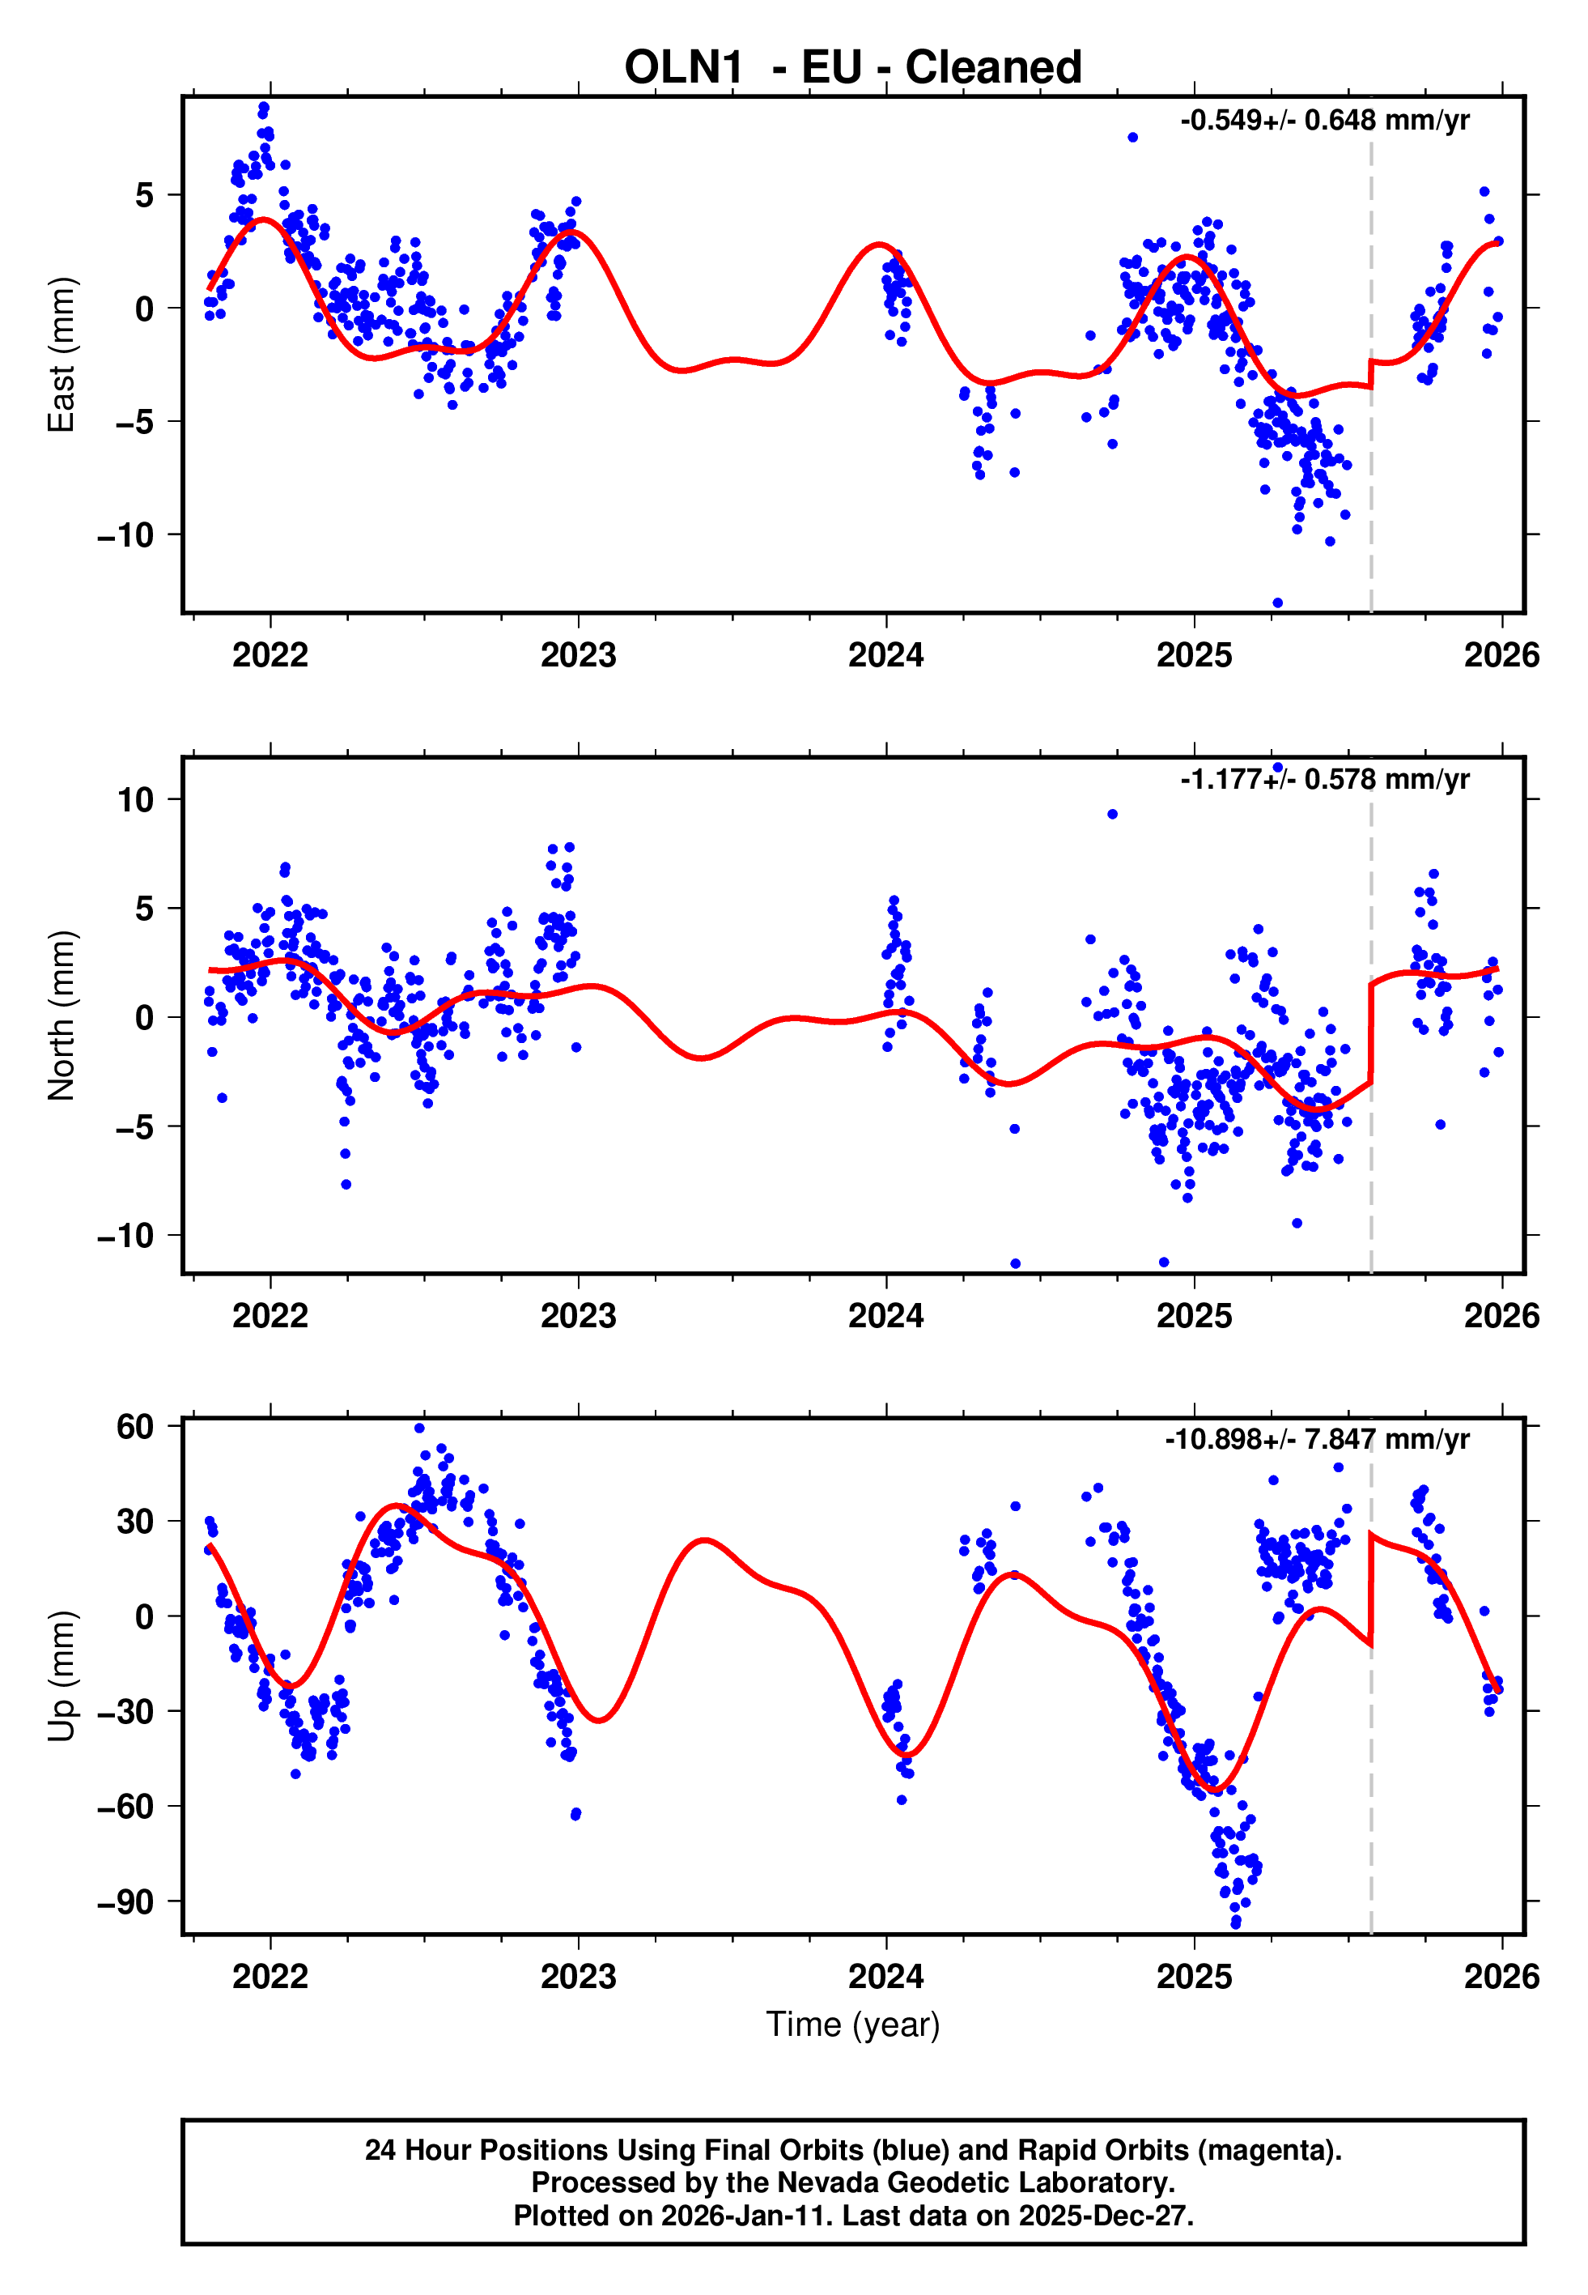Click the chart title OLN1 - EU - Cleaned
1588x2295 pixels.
(x=853, y=68)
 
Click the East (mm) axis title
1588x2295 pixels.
(x=62, y=355)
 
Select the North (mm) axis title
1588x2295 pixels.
(x=62, y=1016)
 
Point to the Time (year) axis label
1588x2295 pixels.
(x=853, y=2025)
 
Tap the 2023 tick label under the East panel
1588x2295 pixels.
(x=578, y=655)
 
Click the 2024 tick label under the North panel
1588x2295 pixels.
(x=885, y=1316)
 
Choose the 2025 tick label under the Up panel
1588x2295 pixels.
(x=1193, y=1977)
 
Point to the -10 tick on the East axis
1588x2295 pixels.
(x=125, y=535)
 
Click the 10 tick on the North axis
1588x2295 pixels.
(x=135, y=799)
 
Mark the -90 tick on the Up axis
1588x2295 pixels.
(x=125, y=1903)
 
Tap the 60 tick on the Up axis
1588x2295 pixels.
(x=135, y=1427)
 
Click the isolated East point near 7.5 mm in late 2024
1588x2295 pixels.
(x=1132, y=138)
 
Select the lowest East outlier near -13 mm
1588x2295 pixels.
(x=1277, y=603)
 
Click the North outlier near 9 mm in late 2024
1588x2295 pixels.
(x=1112, y=814)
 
